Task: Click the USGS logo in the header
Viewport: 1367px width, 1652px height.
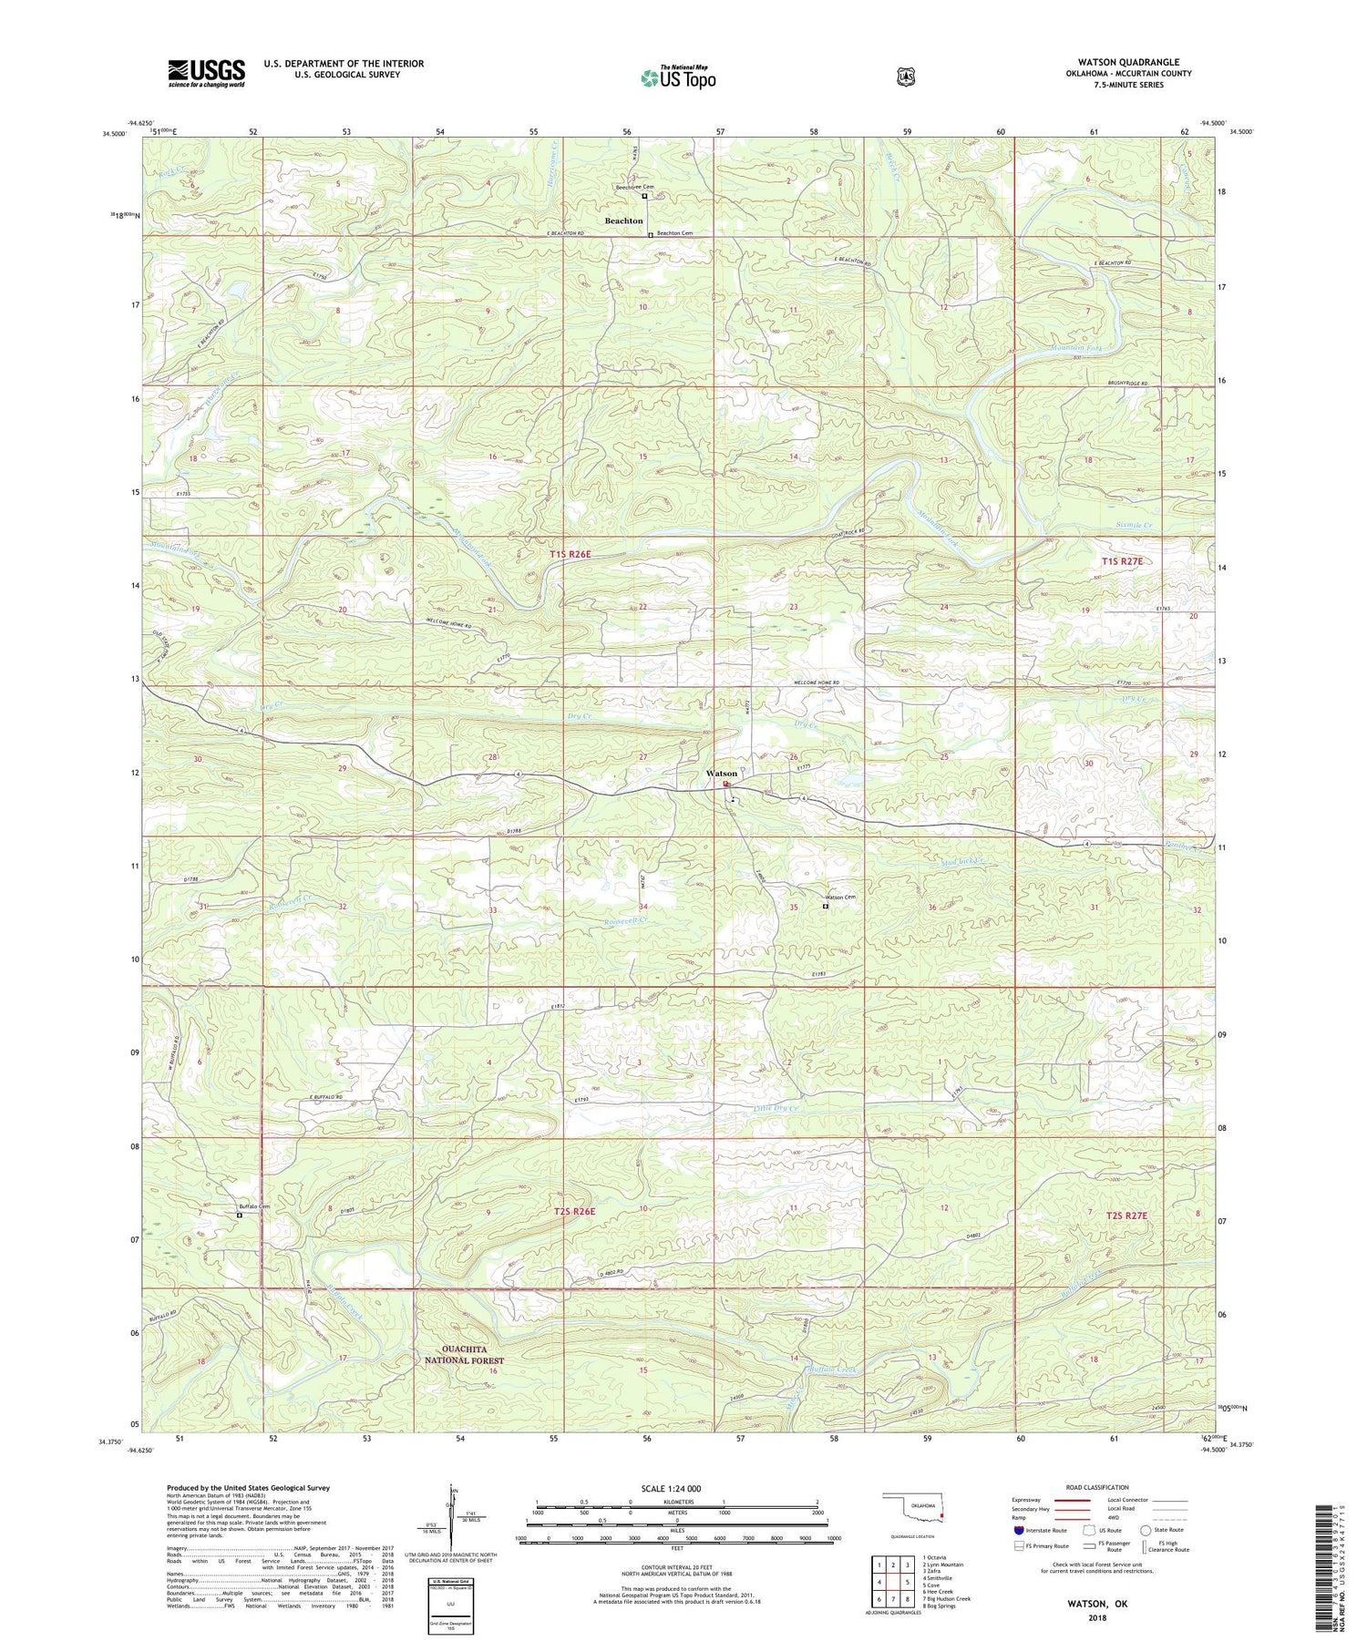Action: tap(206, 73)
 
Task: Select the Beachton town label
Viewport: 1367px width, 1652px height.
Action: tap(624, 221)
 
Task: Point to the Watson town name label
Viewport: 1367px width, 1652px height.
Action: tap(722, 774)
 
